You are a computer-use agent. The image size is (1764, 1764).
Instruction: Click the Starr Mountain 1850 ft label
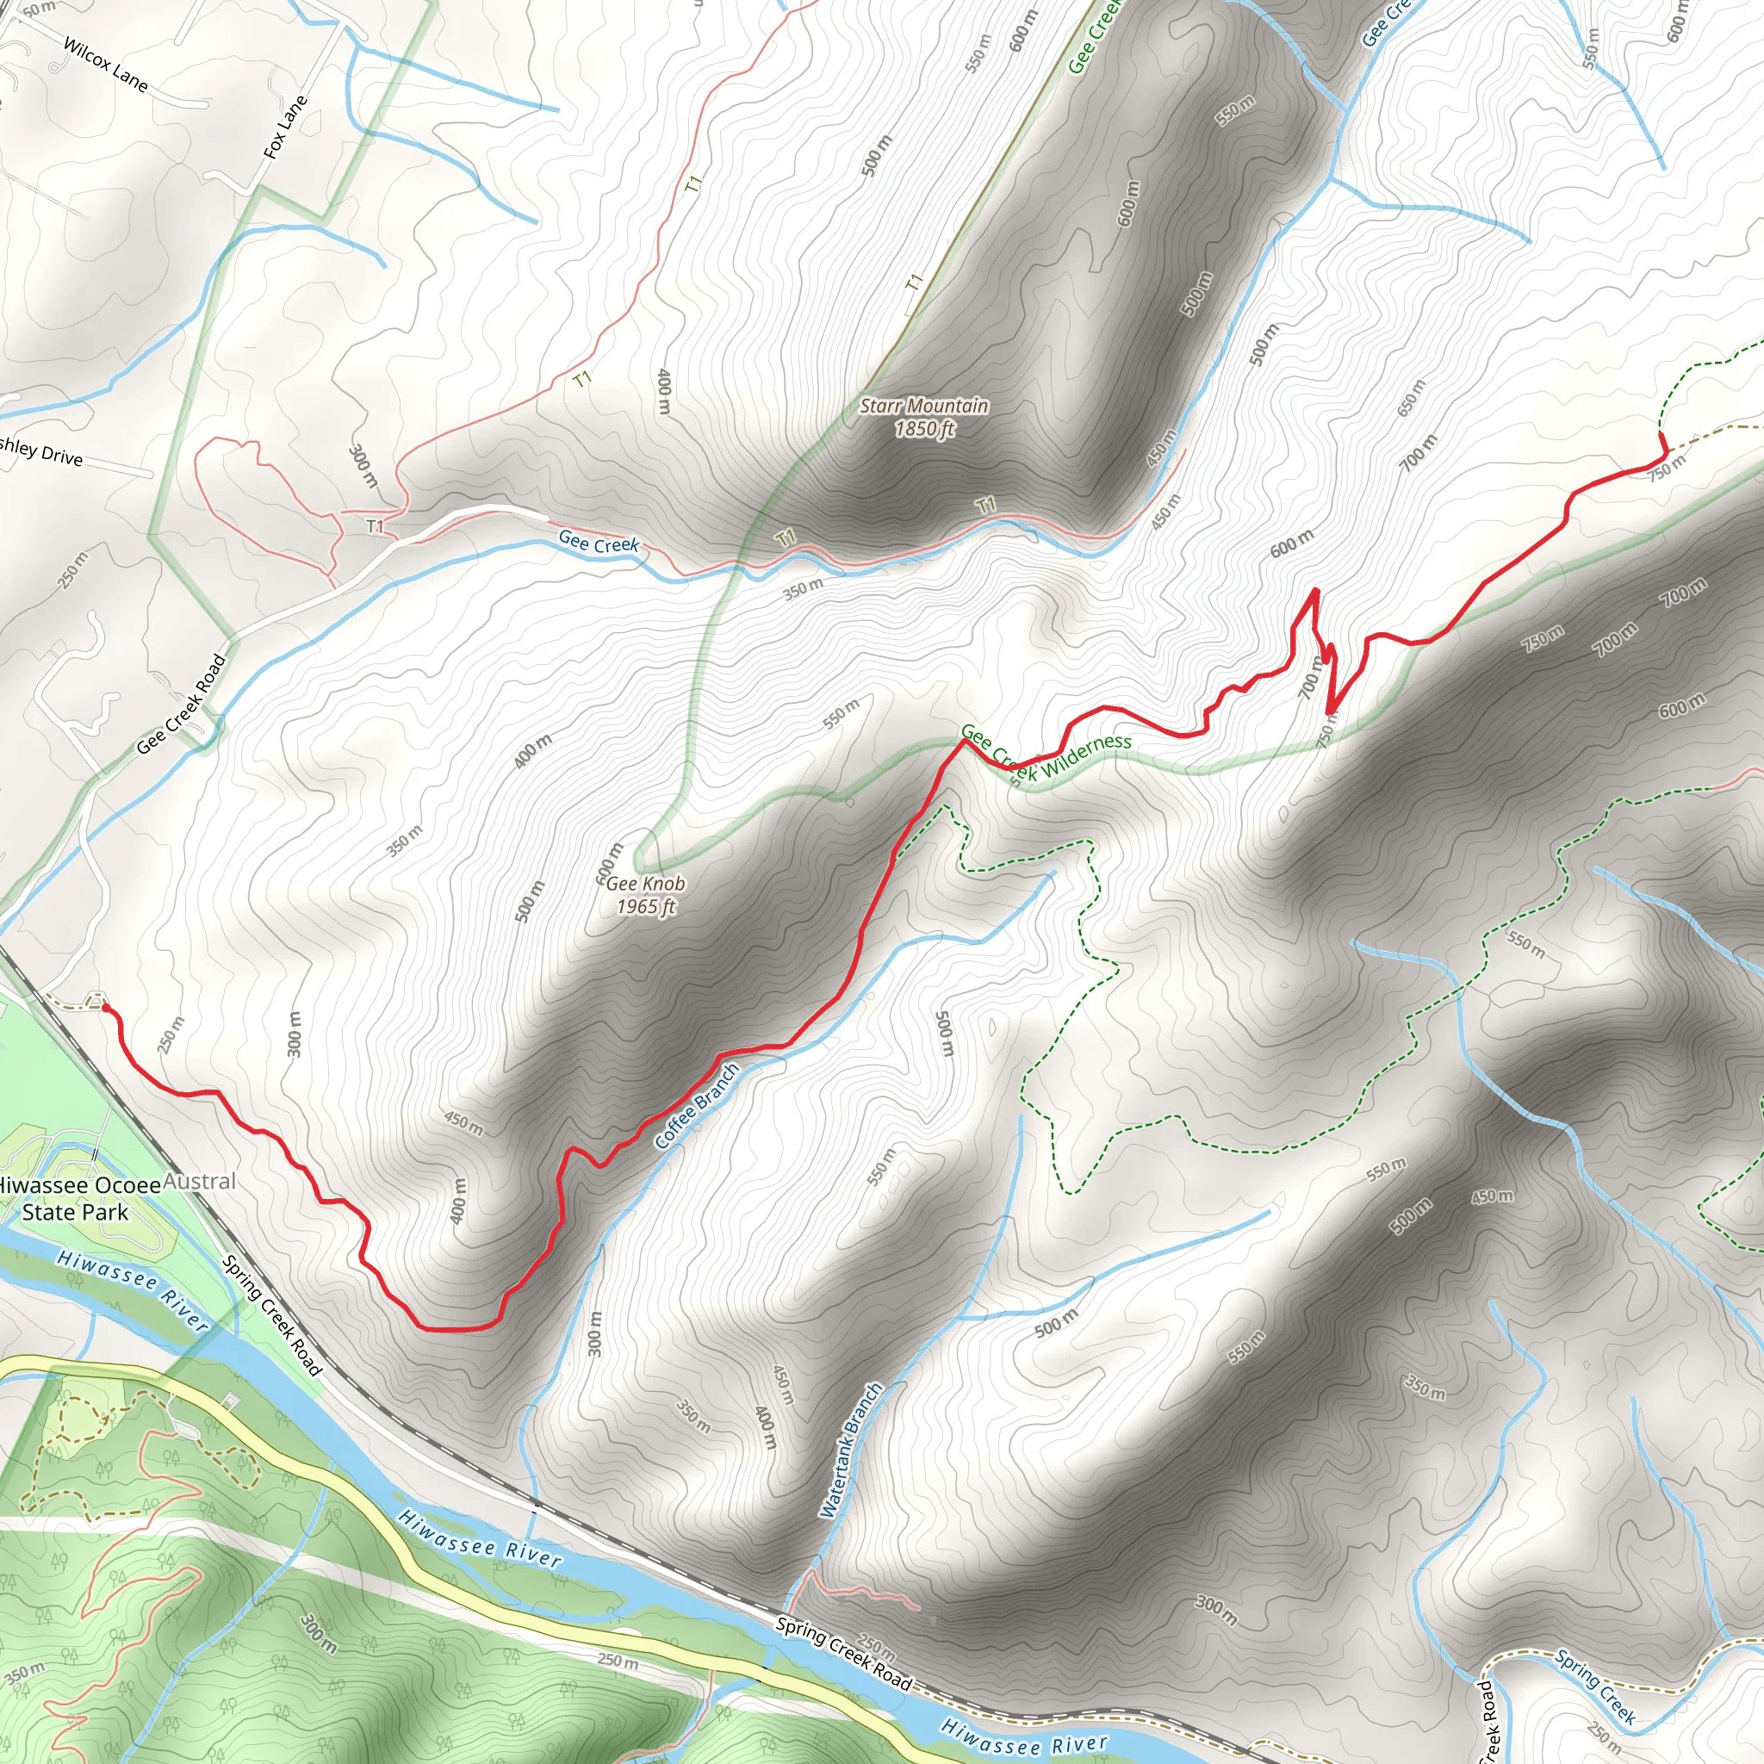point(924,417)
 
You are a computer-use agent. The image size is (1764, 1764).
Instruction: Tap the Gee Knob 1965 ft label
point(645,895)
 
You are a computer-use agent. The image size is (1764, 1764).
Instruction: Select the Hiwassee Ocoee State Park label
point(77,1199)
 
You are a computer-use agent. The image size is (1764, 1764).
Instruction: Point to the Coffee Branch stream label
point(697,1106)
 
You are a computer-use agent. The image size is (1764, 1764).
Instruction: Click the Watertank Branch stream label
point(851,1450)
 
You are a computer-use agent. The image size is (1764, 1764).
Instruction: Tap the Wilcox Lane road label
point(105,65)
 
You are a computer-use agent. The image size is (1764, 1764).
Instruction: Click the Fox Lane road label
point(286,127)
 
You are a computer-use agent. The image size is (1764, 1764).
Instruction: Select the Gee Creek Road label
point(181,705)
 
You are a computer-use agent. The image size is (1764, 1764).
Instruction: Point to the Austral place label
point(200,1182)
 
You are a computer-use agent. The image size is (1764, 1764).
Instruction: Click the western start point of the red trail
point(105,1007)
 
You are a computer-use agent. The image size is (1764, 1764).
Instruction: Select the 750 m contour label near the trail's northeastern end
point(1668,469)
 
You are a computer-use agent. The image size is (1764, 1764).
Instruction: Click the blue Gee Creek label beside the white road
point(599,543)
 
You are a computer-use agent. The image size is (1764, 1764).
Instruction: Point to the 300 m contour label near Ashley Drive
point(363,465)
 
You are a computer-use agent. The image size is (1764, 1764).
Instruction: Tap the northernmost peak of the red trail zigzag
point(1316,591)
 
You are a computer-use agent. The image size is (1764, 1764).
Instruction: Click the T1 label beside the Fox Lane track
point(694,183)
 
